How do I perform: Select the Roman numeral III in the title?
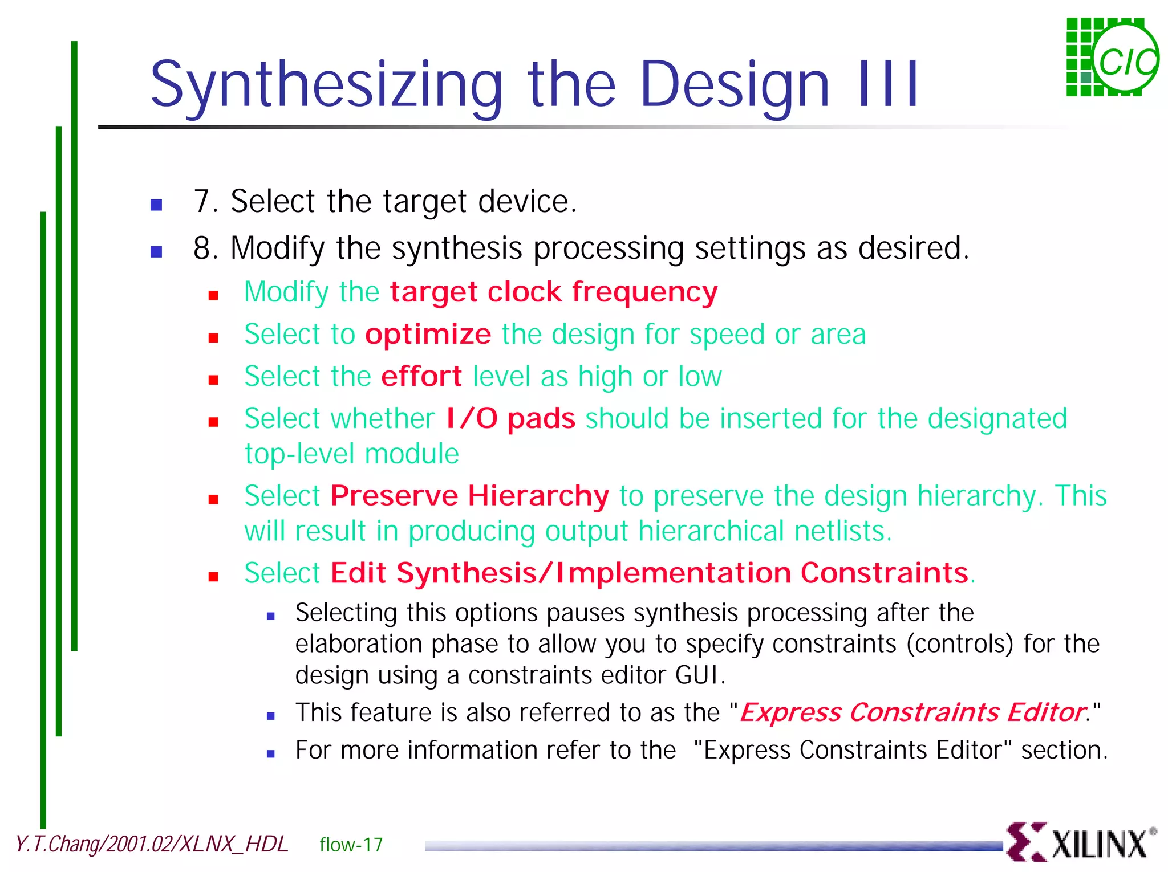click(x=889, y=85)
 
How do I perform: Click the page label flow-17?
click(x=351, y=845)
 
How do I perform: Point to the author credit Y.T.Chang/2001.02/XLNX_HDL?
click(x=152, y=844)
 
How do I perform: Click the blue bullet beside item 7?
click(x=156, y=205)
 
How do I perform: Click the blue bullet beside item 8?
click(x=156, y=251)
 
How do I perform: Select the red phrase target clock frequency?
click(x=553, y=292)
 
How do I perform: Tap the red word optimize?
click(x=428, y=335)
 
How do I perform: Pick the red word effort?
click(x=421, y=377)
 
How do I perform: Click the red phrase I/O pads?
click(x=510, y=419)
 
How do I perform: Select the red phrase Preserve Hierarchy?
click(x=469, y=496)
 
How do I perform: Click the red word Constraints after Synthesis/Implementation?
click(x=884, y=573)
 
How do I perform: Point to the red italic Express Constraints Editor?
click(x=912, y=712)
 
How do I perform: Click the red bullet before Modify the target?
click(x=213, y=295)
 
